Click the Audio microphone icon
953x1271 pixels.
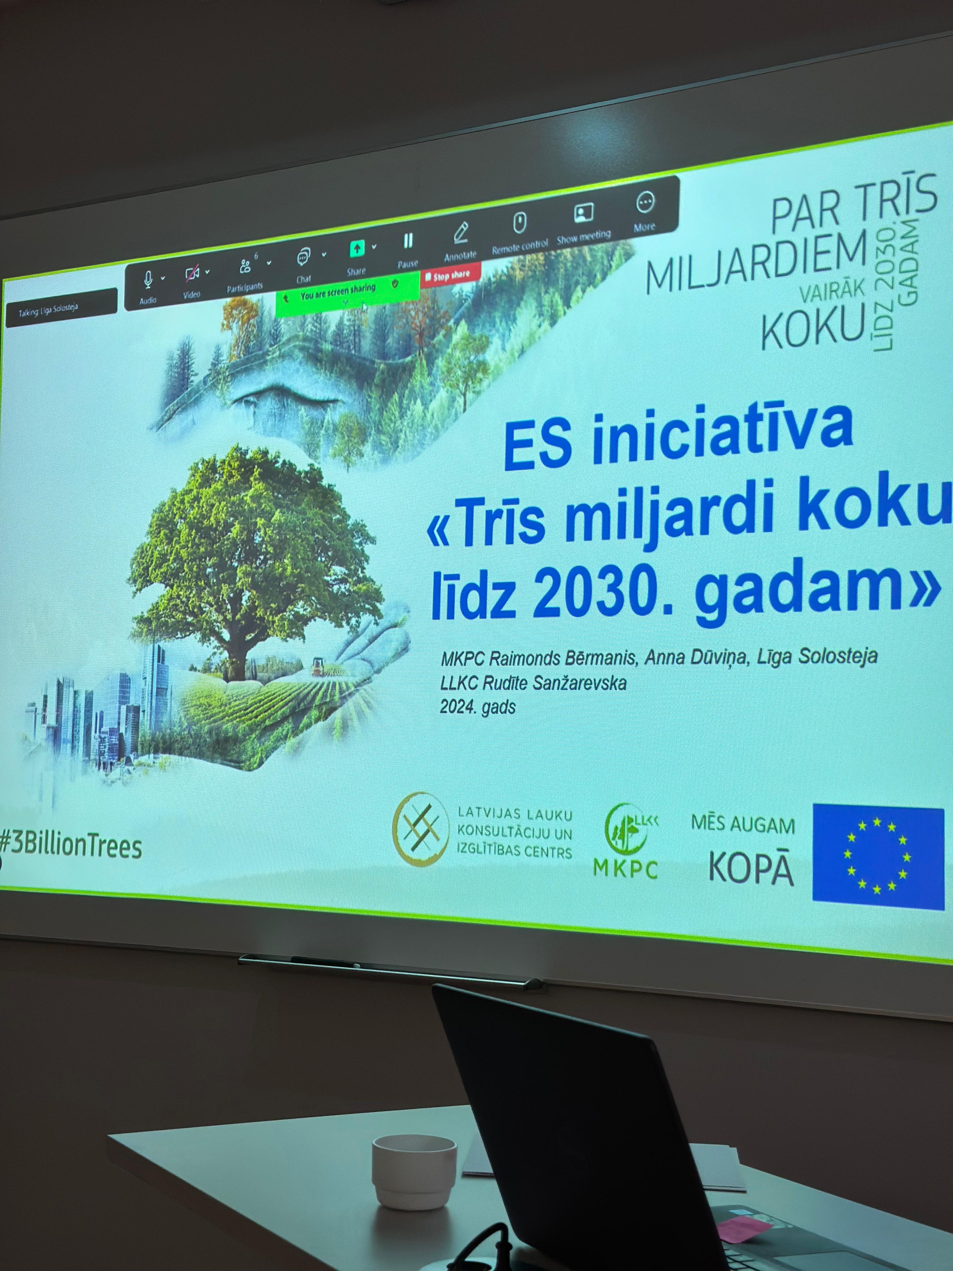pos(147,280)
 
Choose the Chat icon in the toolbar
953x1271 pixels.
pos(303,258)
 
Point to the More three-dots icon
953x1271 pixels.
pos(645,202)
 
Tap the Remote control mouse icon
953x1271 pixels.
pos(519,222)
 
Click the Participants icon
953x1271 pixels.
pos(245,266)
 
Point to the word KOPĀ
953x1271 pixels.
pos(751,868)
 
